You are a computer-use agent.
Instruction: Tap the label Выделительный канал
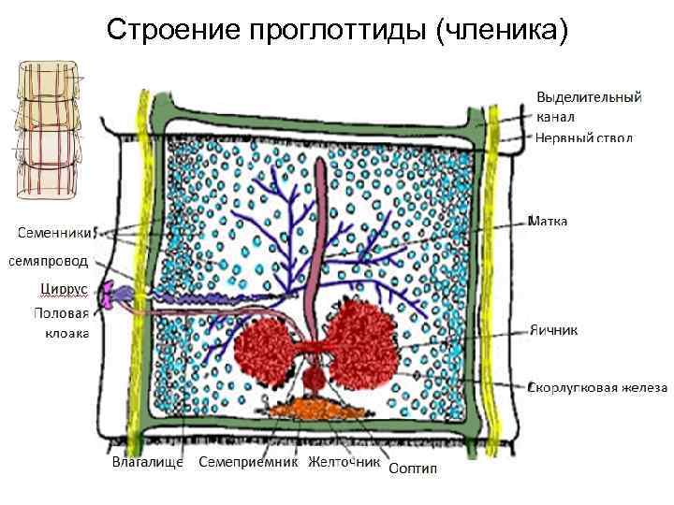click(x=588, y=107)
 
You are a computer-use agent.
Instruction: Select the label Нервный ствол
click(x=583, y=137)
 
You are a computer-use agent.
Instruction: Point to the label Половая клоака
click(x=62, y=322)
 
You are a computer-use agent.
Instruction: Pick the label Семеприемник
click(x=248, y=461)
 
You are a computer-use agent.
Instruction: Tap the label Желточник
click(x=344, y=461)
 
